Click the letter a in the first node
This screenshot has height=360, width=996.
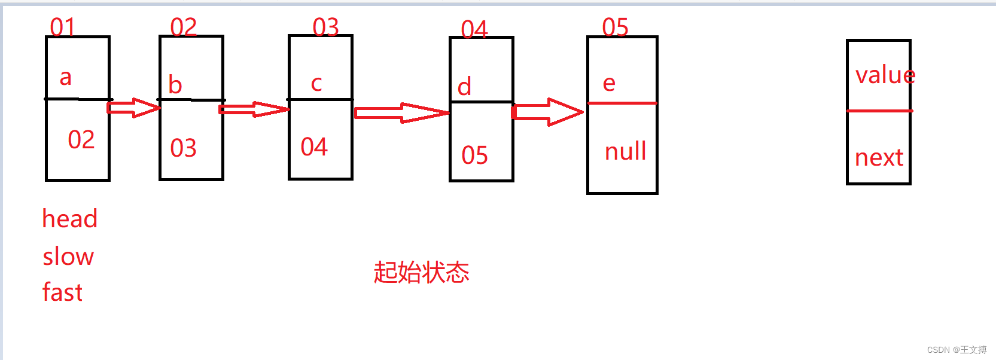(66, 78)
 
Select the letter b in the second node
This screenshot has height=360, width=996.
(175, 85)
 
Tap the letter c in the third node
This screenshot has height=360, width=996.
(316, 84)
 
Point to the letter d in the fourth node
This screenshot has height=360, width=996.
(464, 87)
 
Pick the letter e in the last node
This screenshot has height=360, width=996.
(609, 83)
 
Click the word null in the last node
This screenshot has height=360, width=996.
(625, 151)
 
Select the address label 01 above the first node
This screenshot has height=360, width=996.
(62, 27)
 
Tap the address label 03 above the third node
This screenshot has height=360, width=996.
(325, 27)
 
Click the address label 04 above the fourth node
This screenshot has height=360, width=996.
(474, 29)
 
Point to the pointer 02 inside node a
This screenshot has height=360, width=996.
(81, 140)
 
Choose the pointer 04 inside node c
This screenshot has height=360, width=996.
(314, 147)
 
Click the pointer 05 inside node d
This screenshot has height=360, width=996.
(474, 155)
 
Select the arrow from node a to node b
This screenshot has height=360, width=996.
(134, 108)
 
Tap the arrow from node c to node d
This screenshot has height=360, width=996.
(401, 112)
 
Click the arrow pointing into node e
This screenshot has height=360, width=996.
(547, 112)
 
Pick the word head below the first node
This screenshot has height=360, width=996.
(69, 219)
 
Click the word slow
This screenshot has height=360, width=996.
(68, 257)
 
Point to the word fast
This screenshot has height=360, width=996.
(62, 292)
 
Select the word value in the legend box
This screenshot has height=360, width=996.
(885, 75)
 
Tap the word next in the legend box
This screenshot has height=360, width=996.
(878, 158)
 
